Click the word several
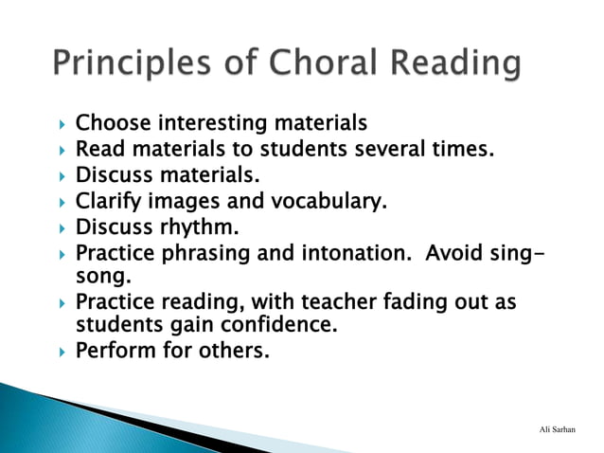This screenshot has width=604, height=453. tap(403, 149)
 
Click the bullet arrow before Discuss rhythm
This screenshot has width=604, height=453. tap(62, 227)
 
